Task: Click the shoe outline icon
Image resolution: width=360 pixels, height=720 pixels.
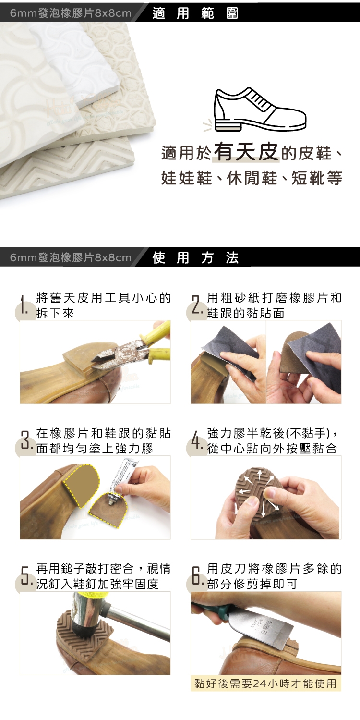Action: (x=260, y=110)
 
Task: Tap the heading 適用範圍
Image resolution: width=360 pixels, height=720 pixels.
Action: (x=195, y=13)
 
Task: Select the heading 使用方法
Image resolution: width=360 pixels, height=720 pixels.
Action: (x=195, y=257)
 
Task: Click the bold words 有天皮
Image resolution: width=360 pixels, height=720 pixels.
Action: (x=246, y=152)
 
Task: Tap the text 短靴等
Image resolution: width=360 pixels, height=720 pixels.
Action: (x=317, y=178)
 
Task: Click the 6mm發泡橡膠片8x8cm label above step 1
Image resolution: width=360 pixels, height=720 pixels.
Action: (x=71, y=257)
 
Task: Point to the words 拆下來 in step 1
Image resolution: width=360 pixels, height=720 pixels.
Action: (x=55, y=313)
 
